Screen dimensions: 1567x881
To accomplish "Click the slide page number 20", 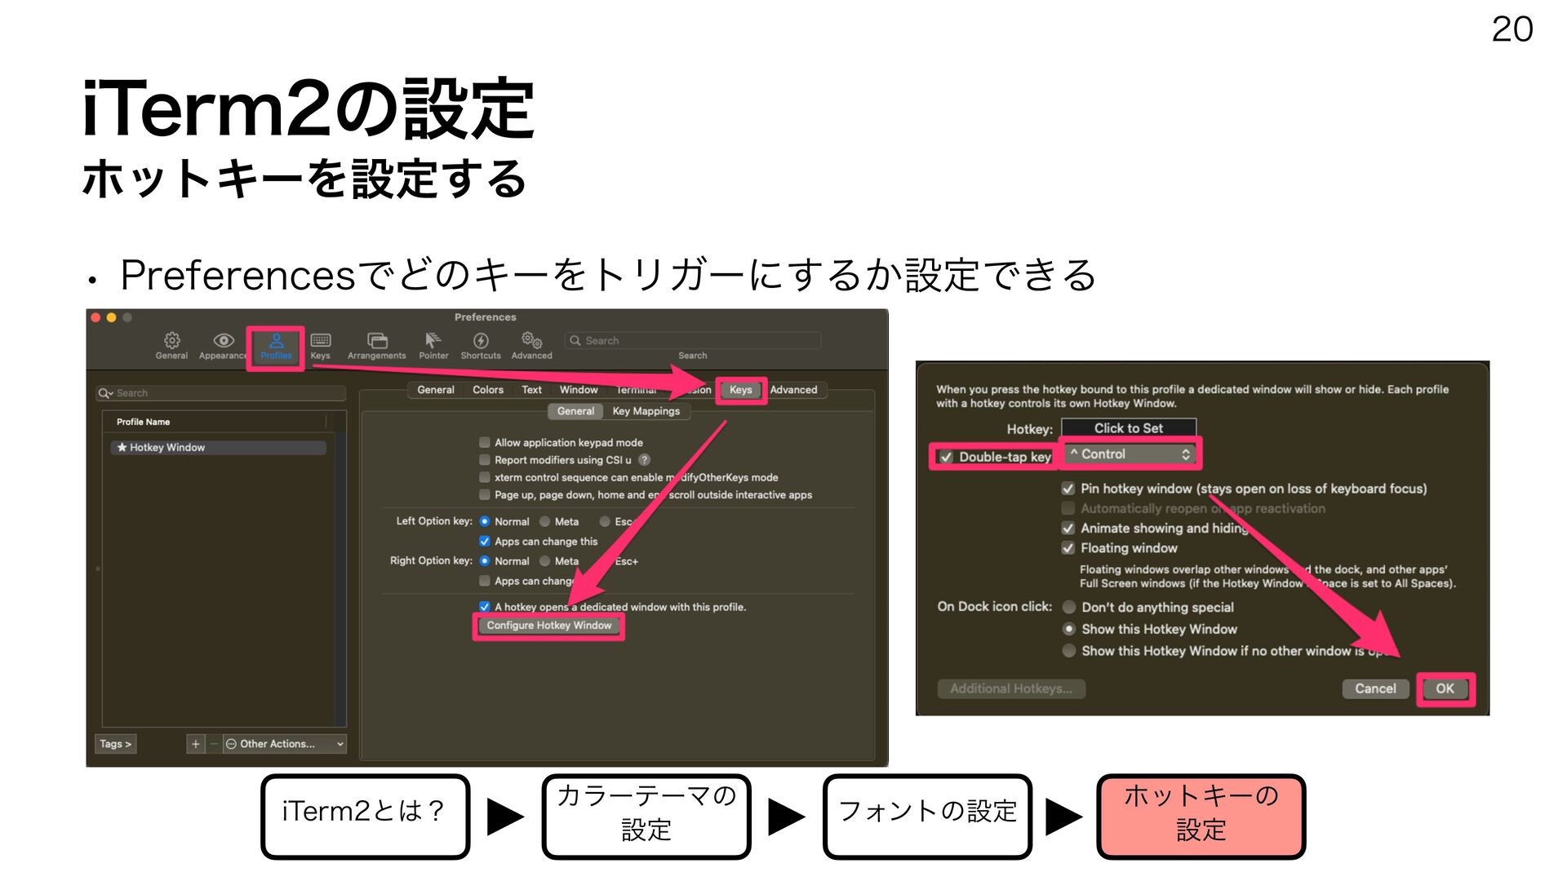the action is click(1512, 30).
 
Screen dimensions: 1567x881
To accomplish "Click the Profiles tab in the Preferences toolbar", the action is click(276, 346).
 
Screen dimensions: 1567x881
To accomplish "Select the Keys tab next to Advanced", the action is click(740, 390).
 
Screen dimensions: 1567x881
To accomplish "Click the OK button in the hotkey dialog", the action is click(1445, 688).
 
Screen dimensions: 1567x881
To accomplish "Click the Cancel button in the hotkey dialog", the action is click(1375, 688).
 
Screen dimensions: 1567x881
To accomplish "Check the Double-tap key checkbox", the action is click(947, 457).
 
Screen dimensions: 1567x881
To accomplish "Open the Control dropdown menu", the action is click(1130, 454).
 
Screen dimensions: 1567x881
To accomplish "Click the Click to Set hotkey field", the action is click(1128, 428).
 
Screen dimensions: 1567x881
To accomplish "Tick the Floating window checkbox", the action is click(1068, 548).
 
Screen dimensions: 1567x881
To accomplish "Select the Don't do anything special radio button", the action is click(1069, 607).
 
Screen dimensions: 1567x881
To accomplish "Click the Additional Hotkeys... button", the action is click(1011, 688).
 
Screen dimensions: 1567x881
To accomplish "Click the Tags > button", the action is click(115, 744).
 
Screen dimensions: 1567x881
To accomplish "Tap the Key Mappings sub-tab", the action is click(646, 411).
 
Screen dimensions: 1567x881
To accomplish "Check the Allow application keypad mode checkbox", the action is click(485, 442).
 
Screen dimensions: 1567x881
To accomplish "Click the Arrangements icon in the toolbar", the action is click(376, 345).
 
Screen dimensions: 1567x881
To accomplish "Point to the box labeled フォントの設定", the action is click(927, 816).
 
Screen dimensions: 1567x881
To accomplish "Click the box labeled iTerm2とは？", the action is click(365, 816).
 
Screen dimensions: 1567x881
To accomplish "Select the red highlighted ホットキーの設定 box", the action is click(1201, 816).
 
